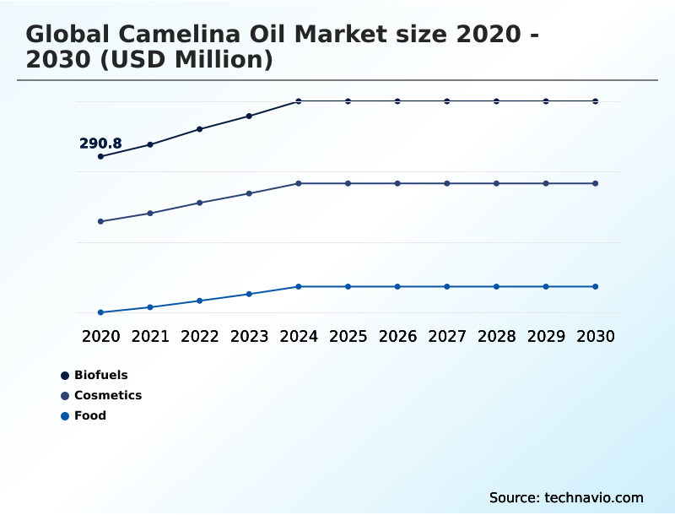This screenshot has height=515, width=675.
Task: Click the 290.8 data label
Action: click(x=100, y=144)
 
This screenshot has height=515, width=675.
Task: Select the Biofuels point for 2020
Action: click(x=100, y=156)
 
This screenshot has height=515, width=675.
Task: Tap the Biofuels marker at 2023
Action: click(x=249, y=116)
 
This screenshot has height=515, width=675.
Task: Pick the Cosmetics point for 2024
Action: click(x=299, y=183)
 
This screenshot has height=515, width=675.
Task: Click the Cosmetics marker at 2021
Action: click(x=150, y=213)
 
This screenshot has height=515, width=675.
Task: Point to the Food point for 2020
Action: click(x=100, y=312)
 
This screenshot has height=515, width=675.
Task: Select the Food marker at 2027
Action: click(x=447, y=286)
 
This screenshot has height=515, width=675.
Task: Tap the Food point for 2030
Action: click(x=596, y=286)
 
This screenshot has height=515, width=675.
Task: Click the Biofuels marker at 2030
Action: click(x=596, y=101)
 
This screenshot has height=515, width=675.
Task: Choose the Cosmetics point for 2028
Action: click(x=496, y=183)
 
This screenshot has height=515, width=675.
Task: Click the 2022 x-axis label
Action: click(x=200, y=336)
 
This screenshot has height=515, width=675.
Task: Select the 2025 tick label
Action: click(x=348, y=336)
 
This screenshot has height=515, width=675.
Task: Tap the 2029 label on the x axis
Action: click(x=546, y=336)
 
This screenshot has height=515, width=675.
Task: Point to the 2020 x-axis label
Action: click(x=100, y=336)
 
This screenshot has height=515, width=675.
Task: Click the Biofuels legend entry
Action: click(x=100, y=375)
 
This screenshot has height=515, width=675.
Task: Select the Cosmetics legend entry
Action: click(x=107, y=395)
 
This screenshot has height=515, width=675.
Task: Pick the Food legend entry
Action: click(x=89, y=415)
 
